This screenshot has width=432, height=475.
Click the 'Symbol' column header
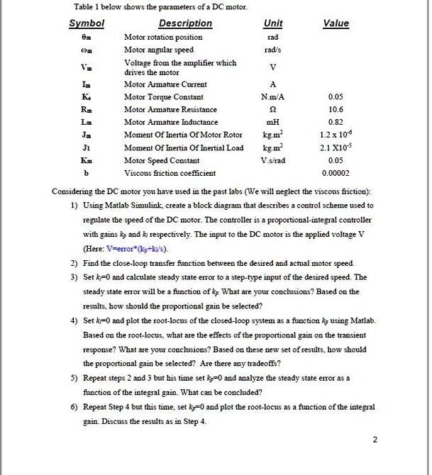86,23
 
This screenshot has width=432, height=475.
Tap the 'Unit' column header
272,23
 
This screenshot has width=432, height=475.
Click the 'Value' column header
336,23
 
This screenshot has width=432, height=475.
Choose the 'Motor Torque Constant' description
164,97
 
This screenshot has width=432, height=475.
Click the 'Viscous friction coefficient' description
170,173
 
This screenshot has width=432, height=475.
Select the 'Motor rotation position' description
163,36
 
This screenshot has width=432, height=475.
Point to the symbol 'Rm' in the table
86,110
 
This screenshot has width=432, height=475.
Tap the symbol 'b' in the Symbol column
86,173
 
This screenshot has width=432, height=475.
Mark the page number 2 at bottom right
375,440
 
